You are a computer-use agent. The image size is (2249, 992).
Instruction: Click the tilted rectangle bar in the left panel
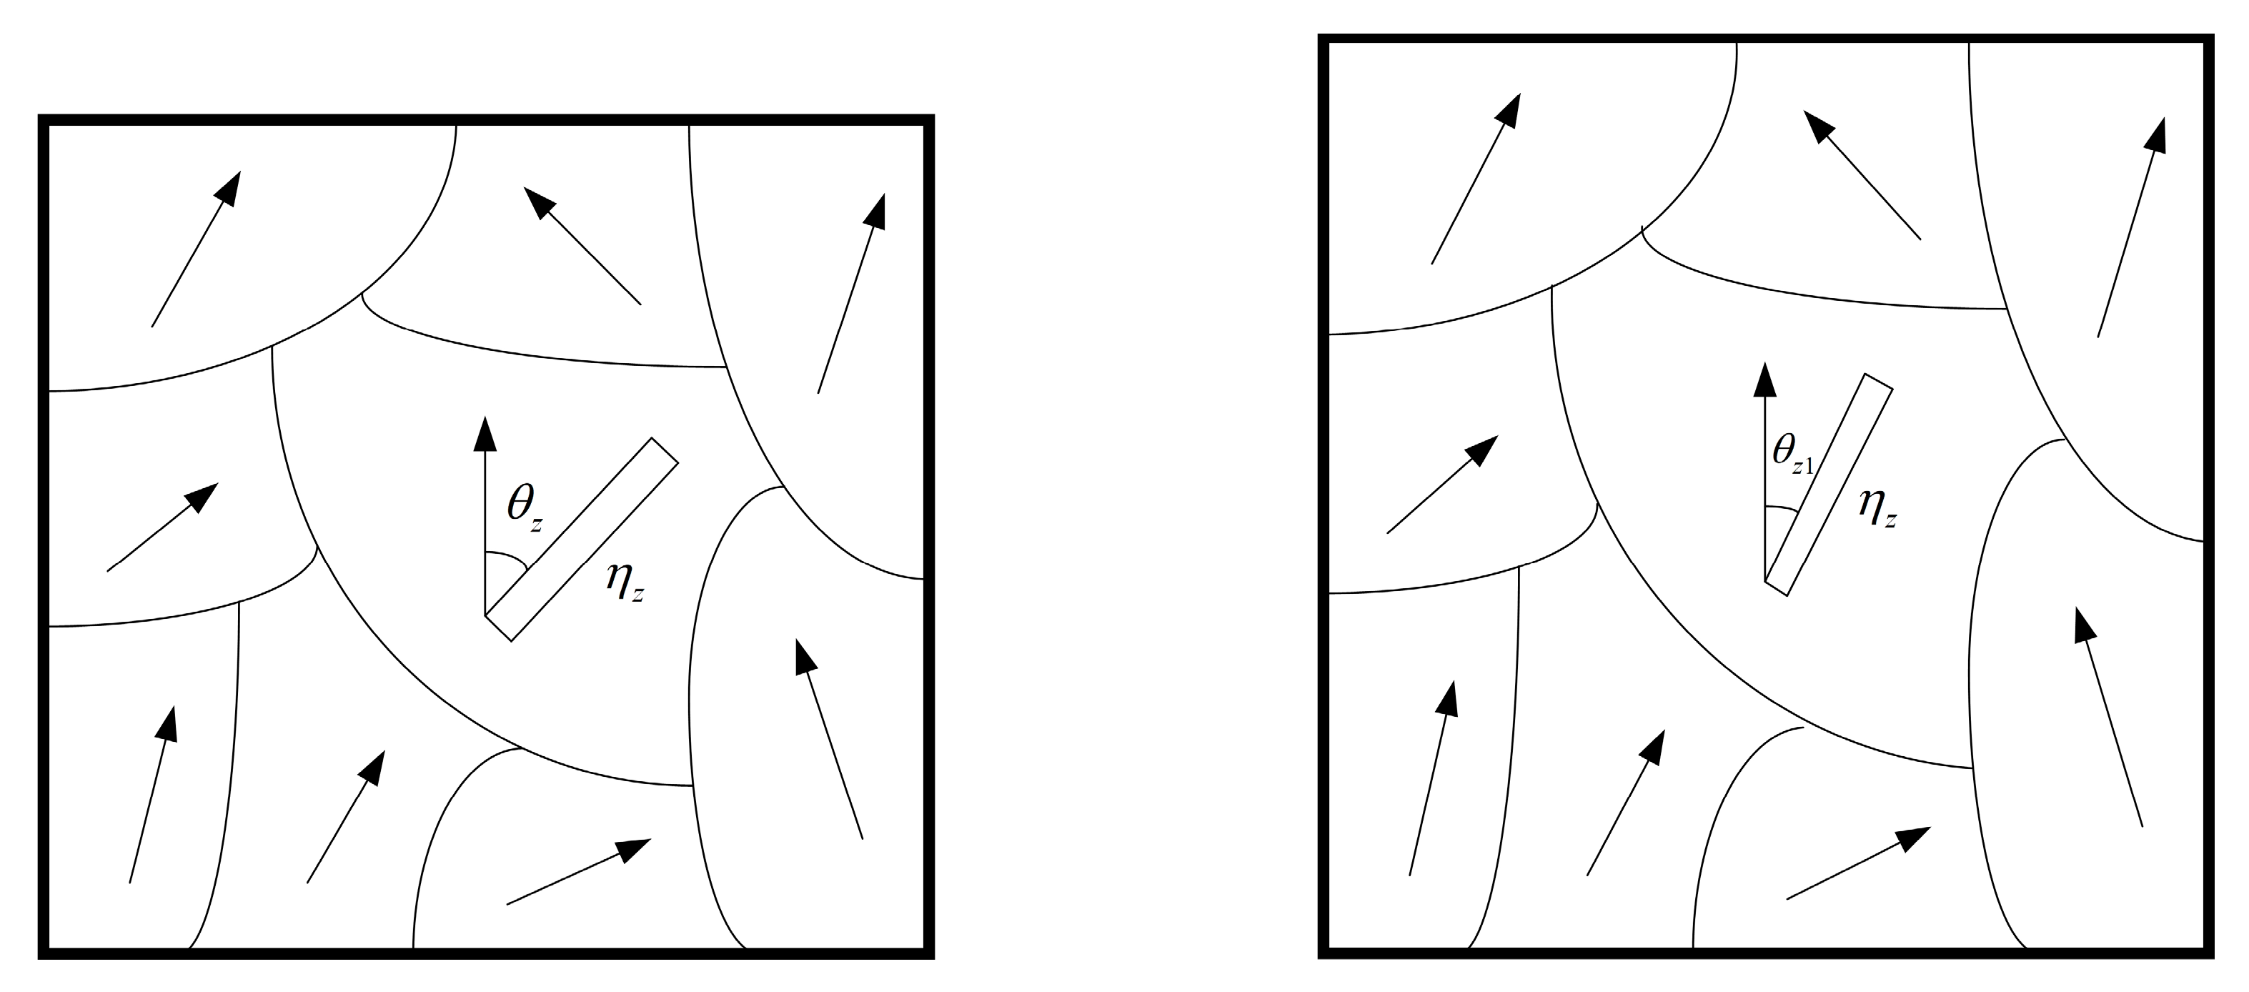click(x=582, y=540)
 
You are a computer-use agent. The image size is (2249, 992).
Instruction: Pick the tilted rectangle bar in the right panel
click(x=1828, y=485)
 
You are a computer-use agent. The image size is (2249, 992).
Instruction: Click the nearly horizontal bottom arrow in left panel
click(x=579, y=871)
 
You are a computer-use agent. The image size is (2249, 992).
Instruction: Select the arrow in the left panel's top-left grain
click(x=196, y=249)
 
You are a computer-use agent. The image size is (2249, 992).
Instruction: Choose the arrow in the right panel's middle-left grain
click(x=1442, y=484)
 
